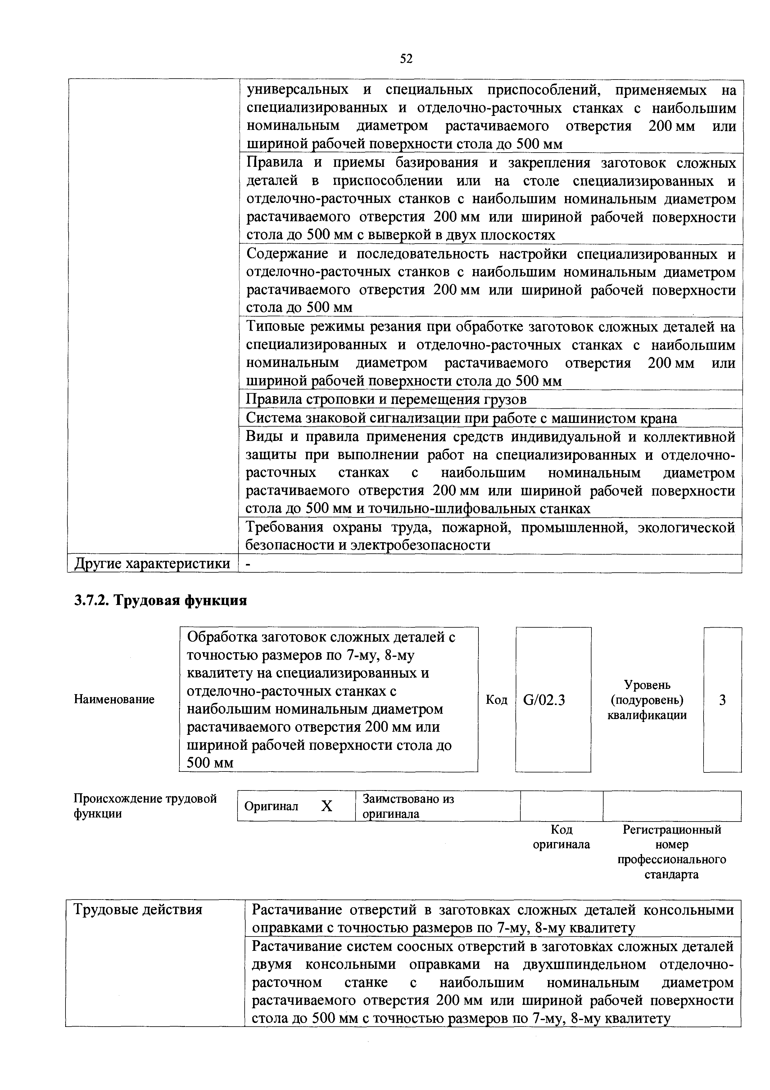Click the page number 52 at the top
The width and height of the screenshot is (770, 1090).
(406, 58)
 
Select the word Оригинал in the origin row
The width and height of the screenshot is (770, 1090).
(271, 806)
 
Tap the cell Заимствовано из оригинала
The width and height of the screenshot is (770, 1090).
(408, 806)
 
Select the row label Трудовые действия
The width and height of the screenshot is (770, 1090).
(138, 909)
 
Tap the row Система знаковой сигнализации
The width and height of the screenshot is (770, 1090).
(461, 418)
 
